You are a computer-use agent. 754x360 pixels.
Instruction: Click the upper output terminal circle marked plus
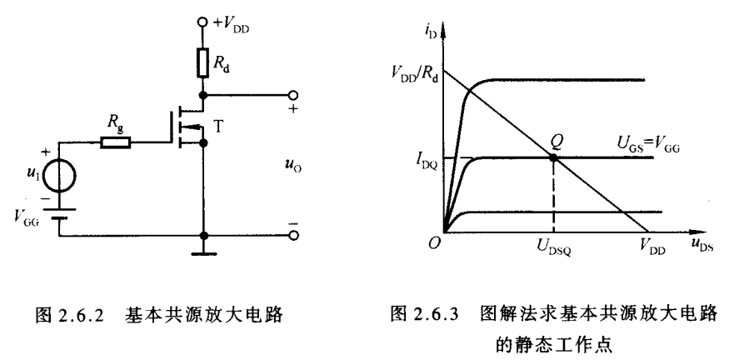[x=292, y=95]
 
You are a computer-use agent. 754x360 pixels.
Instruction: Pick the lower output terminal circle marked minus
[x=292, y=236]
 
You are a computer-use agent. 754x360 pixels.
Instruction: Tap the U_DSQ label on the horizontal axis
[x=554, y=247]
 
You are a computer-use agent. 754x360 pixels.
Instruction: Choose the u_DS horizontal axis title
[x=702, y=247]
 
